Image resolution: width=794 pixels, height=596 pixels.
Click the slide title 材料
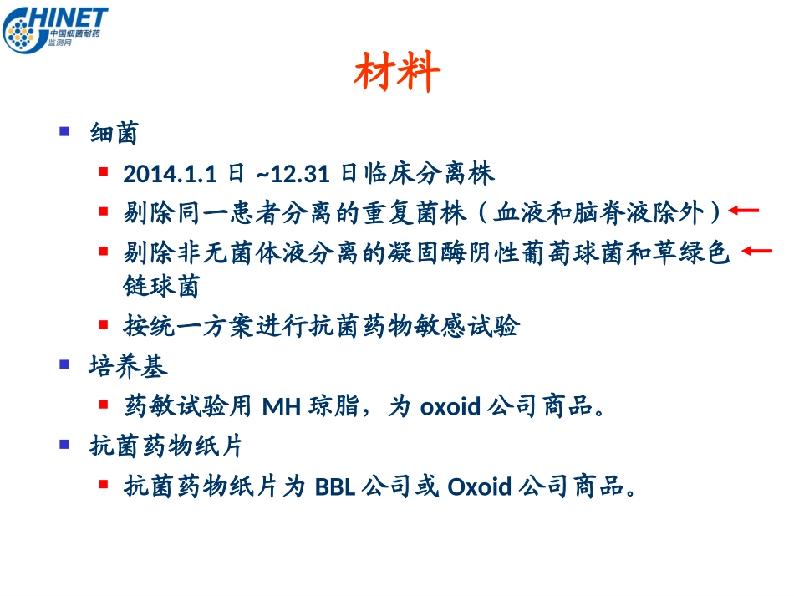(x=397, y=74)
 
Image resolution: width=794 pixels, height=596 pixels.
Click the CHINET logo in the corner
(x=55, y=30)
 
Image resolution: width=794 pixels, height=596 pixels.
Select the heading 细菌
(x=114, y=133)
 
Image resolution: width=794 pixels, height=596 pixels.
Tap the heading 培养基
(x=128, y=366)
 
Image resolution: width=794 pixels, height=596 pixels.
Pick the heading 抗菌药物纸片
(x=165, y=446)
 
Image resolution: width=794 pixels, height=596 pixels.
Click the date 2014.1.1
(x=171, y=174)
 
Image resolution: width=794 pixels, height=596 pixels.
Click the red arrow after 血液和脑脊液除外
(x=744, y=211)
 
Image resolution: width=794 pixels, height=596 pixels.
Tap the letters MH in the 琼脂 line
(x=282, y=407)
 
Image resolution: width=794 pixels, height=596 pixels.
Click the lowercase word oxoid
(x=450, y=407)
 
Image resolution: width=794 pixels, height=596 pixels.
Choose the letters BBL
(x=335, y=486)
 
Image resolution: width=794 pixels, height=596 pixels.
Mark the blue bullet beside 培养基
(x=64, y=364)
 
